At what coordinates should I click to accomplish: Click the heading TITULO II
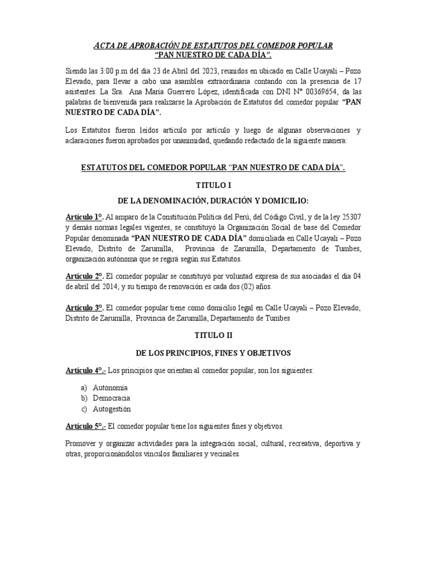tap(213, 336)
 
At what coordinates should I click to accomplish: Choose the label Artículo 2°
tap(84, 276)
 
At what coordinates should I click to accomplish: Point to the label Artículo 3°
tap(84, 307)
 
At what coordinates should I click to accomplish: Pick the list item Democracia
tap(113, 398)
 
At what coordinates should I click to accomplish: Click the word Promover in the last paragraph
tap(81, 444)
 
